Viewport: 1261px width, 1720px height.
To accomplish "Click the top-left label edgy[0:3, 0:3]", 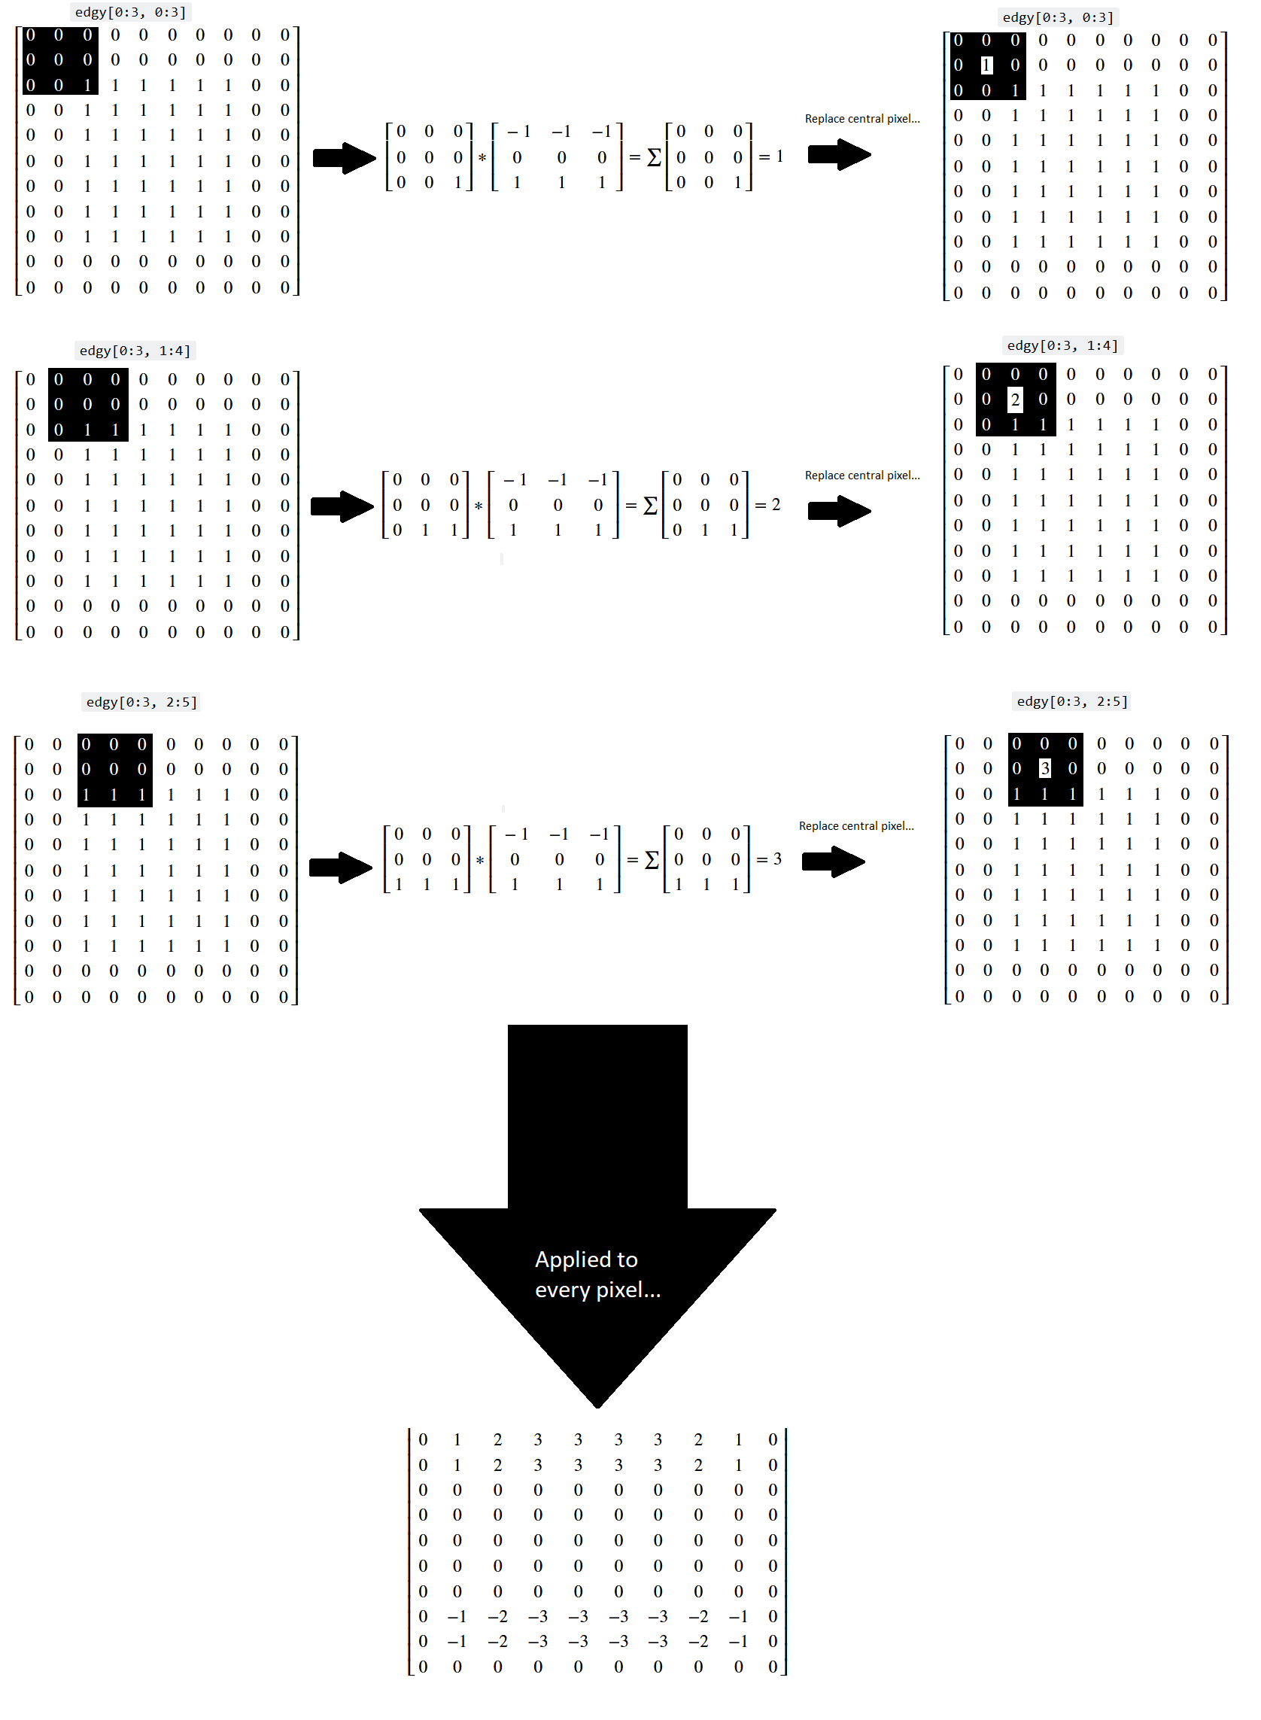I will (130, 12).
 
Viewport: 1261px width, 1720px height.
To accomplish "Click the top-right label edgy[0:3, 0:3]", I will (1057, 17).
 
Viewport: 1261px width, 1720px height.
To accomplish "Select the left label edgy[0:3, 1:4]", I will (135, 351).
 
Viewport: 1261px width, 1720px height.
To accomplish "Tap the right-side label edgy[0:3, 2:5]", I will (1071, 700).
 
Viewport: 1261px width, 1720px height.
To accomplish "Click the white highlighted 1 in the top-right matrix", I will (986, 65).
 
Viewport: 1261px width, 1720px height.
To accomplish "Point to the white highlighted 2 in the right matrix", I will (1014, 400).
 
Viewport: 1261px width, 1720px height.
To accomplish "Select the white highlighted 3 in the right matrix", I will (1044, 768).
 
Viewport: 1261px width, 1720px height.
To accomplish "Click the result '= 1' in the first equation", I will (772, 157).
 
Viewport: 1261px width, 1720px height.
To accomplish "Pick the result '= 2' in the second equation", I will (768, 505).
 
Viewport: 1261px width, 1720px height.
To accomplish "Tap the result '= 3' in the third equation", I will (770, 858).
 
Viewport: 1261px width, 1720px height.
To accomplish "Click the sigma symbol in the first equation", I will (654, 157).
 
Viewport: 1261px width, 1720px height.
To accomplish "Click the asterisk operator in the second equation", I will (479, 506).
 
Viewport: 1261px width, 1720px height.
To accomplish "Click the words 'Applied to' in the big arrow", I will (586, 1259).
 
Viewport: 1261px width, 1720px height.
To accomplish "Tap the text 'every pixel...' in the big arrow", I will (597, 1290).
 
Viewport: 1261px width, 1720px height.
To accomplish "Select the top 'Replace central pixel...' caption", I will (861, 119).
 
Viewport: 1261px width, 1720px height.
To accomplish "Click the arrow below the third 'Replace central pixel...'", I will (833, 862).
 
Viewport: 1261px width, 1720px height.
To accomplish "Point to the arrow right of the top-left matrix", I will (345, 158).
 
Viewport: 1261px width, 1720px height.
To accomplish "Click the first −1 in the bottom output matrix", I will (457, 1616).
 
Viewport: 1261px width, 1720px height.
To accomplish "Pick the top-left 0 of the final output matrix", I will (423, 1439).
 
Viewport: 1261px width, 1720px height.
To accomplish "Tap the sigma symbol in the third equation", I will (652, 859).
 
